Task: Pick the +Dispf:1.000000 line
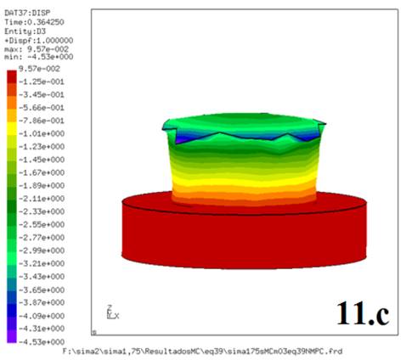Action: (x=39, y=39)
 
